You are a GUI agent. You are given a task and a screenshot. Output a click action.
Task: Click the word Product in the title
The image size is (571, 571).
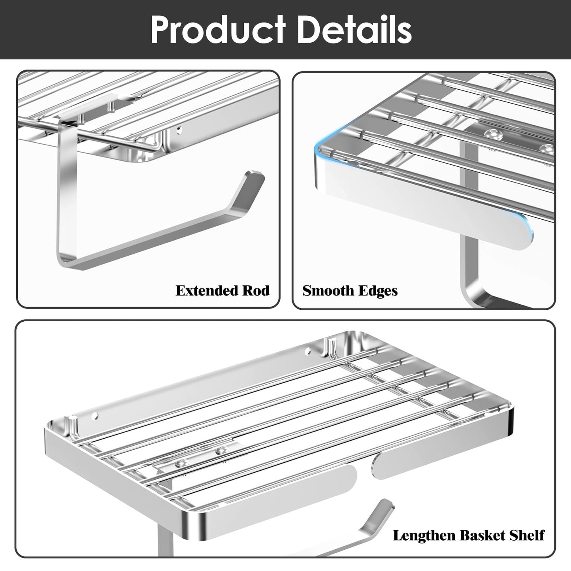218,30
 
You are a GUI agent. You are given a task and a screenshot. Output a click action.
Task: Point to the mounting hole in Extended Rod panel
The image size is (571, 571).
178,130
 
